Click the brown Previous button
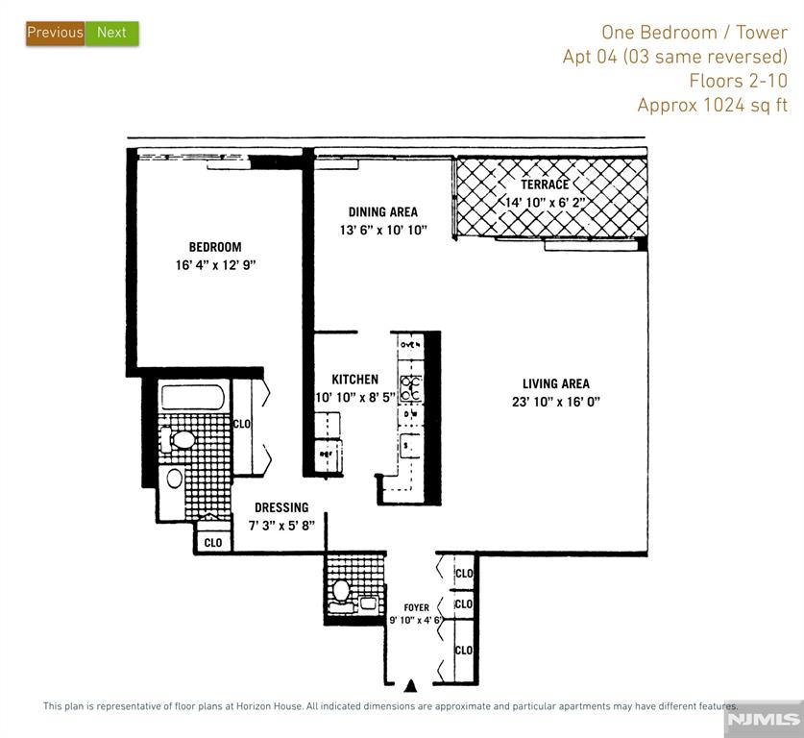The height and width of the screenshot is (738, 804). pos(55,33)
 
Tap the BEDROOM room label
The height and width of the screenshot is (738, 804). pos(215,247)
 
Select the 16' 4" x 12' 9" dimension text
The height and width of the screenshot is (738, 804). pos(215,265)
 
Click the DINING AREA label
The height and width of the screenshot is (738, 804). pos(383,211)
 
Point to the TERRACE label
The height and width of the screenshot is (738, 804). pos(545,184)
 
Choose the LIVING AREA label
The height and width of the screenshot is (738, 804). pos(556,383)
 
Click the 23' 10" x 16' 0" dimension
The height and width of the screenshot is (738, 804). pos(556,402)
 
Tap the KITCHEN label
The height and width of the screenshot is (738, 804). pos(354,380)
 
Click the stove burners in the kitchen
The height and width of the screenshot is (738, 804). pos(412,387)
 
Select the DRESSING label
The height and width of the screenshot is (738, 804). pos(281,507)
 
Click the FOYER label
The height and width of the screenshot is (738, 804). pos(416,607)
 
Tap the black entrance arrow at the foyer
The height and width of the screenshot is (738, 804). pos(411,685)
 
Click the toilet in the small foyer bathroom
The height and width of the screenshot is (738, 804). pos(341,589)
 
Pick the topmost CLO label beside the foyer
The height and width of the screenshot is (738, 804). pos(464,574)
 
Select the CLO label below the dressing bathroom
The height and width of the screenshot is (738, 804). pos(213,543)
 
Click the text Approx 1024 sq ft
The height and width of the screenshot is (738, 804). pos(713,105)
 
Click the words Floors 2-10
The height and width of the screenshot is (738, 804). pos(738,81)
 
